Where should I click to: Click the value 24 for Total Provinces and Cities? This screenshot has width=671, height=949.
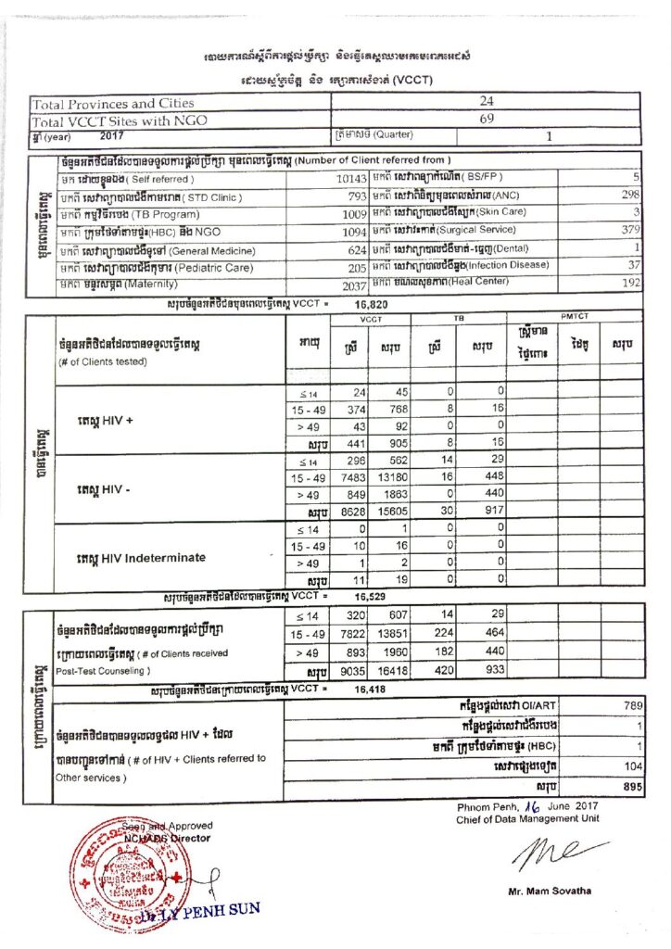pyautogui.click(x=487, y=102)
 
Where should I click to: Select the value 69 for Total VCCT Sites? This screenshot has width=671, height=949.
pyautogui.click(x=487, y=120)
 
